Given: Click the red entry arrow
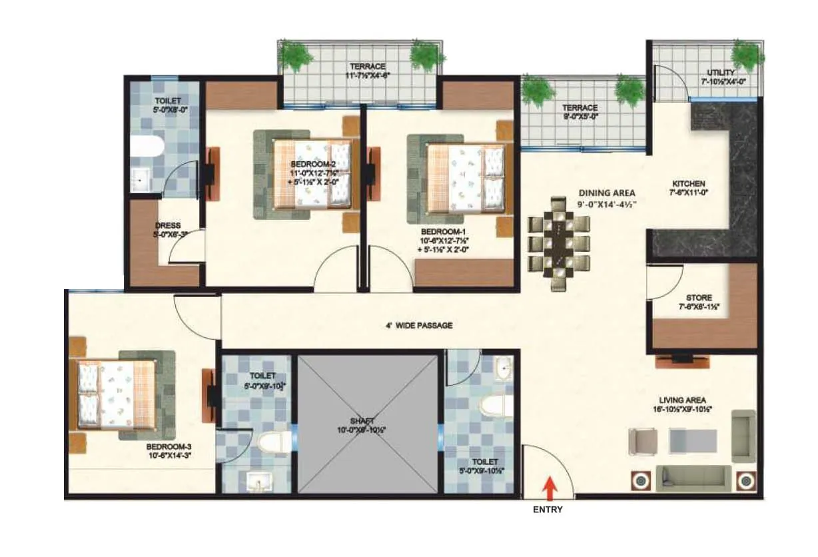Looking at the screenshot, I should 550,488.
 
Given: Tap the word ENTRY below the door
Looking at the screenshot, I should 548,510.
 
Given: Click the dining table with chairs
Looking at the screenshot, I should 559,243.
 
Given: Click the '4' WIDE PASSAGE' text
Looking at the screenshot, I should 418,326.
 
